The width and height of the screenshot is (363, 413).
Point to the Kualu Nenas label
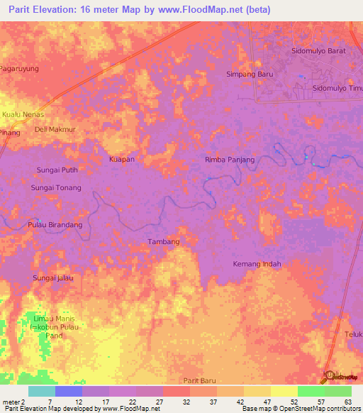pos(23,114)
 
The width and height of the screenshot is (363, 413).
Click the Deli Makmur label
pos(55,129)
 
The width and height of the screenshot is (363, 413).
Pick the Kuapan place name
pos(121,160)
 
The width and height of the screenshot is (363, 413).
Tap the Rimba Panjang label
pos(229,160)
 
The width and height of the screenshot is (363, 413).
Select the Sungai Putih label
pos(57,170)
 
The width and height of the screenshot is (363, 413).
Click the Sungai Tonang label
pos(55,188)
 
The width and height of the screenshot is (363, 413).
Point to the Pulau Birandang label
pos(55,225)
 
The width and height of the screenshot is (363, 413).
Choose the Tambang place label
pos(163,242)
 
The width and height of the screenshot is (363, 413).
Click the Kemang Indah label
pos(257,264)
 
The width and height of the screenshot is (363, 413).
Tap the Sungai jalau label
pos(53,278)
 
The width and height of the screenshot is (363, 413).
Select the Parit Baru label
pos(202,381)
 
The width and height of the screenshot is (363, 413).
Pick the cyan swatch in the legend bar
pos(41,391)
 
